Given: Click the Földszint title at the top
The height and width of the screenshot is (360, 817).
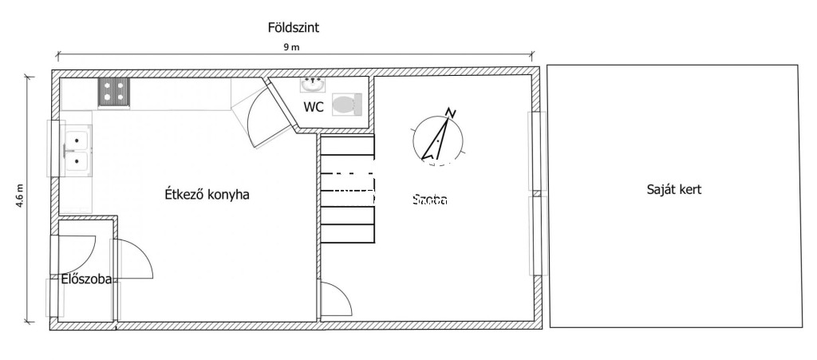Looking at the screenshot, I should (294, 27).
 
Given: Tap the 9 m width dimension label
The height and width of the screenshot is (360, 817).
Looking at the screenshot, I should (291, 48).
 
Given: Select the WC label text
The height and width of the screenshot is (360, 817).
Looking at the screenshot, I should (313, 107).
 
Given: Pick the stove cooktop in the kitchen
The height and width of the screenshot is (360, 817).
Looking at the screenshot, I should (113, 93).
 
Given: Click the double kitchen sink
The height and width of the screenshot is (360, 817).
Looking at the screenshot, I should (77, 151).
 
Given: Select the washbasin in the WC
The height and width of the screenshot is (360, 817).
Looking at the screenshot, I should (313, 82).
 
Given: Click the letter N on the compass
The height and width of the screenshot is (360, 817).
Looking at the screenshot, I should (452, 113).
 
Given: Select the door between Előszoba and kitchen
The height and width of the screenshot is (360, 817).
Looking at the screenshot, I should (132, 260).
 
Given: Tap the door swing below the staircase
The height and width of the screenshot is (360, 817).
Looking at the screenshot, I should (336, 300).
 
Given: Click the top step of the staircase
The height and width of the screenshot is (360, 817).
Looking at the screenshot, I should (347, 145).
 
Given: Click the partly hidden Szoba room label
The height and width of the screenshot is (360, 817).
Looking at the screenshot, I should (430, 200).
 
